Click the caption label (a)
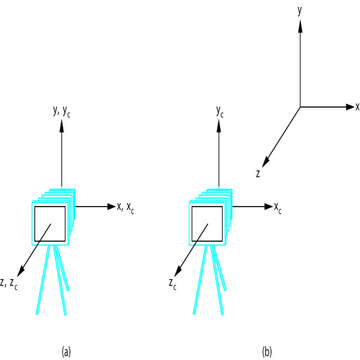pyautogui.click(x=66, y=352)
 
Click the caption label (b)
pyautogui.click(x=267, y=352)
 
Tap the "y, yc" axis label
pyautogui.click(x=62, y=111)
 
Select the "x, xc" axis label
pyautogui.click(x=125, y=208)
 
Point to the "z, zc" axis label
pyautogui.click(x=9, y=284)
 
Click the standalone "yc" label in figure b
pyautogui.click(x=220, y=112)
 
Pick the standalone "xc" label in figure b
pyautogui.click(x=278, y=208)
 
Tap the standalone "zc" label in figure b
pyautogui.click(x=172, y=284)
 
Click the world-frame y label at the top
pyautogui.click(x=300, y=11)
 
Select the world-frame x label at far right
pyautogui.click(x=357, y=107)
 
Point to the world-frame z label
pyautogui.click(x=258, y=174)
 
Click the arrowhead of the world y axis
pyautogui.click(x=300, y=26)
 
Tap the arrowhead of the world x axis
pyautogui.click(x=350, y=107)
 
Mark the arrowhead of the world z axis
pyautogui.click(x=266, y=162)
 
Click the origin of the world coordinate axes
pyautogui.click(x=300, y=107)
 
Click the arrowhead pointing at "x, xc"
pyautogui.click(x=112, y=207)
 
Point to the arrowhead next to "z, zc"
pyautogui.click(x=21, y=271)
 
